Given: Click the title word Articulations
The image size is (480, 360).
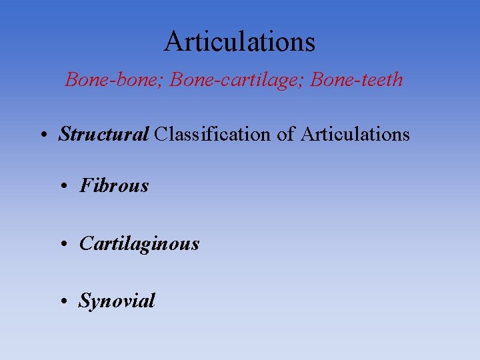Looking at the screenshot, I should coord(240,41).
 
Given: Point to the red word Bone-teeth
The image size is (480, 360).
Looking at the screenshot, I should coord(357,80).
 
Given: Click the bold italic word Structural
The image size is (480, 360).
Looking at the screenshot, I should coord(103,135).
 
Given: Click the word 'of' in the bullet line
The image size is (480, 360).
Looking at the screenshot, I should coord(286,135).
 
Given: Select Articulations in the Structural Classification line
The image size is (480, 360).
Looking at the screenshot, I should coord(355,135).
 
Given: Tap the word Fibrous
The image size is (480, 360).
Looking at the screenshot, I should coord(114,185).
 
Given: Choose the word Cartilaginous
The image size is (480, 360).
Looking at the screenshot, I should coord(139,244).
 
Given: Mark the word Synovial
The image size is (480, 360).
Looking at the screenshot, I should coord(117,301).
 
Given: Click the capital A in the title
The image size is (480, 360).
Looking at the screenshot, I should coord(173,41).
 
